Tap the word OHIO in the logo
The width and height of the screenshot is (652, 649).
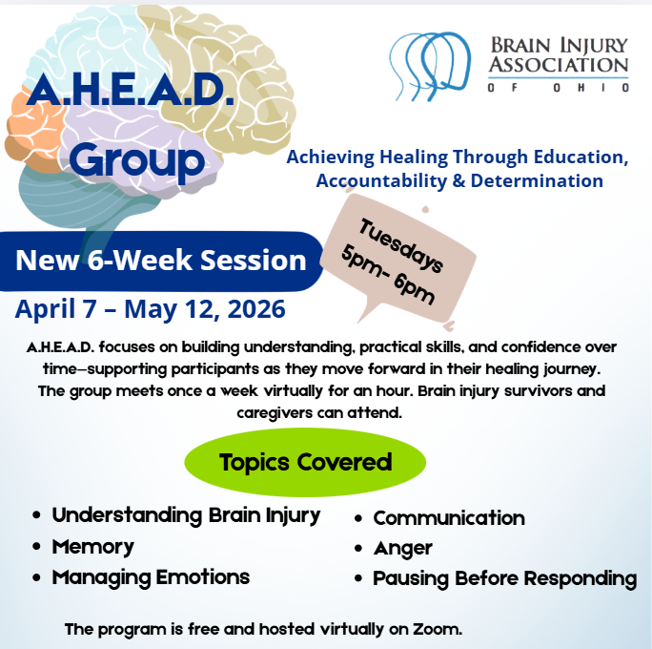[591, 88]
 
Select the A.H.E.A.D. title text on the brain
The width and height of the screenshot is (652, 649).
[131, 91]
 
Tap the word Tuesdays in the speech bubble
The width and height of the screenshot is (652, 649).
[401, 245]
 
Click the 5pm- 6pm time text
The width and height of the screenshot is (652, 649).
[388, 275]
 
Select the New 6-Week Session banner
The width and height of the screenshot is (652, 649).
[161, 261]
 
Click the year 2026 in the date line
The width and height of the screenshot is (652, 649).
[256, 309]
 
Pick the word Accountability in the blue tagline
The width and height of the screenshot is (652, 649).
[381, 181]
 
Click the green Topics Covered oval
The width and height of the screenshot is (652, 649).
[305, 462]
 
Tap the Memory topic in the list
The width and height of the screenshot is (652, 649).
[93, 547]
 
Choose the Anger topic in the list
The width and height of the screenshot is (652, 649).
[403, 549]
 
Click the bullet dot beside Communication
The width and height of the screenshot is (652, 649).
[358, 518]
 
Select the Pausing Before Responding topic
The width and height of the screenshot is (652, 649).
[505, 578]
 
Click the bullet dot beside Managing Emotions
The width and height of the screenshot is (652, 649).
[36, 577]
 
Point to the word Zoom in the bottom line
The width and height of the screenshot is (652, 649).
[437, 629]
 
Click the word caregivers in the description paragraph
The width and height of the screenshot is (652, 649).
[275, 413]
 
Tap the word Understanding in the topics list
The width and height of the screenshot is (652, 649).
[127, 515]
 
